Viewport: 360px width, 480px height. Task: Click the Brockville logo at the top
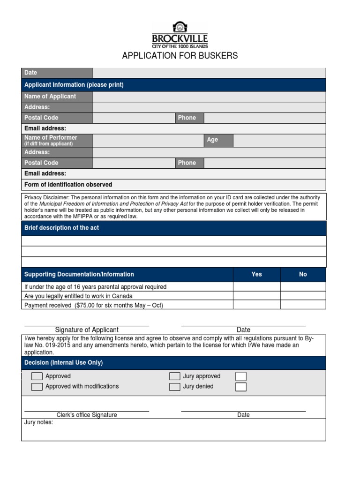[x=180, y=35]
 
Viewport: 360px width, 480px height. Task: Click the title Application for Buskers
[x=180, y=56]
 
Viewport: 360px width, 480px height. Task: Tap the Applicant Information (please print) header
[x=74, y=85]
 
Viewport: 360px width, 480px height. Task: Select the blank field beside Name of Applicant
[x=209, y=97]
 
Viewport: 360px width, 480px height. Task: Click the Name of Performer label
[x=51, y=138]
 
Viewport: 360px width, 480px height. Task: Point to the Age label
[x=212, y=140]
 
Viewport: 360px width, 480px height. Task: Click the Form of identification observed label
[x=68, y=185]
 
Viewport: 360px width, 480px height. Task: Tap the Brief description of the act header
[x=61, y=228]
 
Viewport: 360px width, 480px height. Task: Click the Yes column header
[x=256, y=274]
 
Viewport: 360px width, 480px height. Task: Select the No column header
[x=303, y=274]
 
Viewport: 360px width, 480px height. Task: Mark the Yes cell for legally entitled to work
[x=256, y=296]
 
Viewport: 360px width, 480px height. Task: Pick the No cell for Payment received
[x=303, y=305]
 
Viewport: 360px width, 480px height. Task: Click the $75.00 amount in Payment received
[x=87, y=305]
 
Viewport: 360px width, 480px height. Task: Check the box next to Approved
[x=37, y=376]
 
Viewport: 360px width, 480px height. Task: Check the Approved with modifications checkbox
[x=37, y=387]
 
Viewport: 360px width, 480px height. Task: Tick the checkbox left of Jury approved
[x=175, y=376]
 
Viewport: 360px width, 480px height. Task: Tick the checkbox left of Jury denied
[x=175, y=387]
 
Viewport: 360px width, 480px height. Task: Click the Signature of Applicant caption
[x=87, y=330]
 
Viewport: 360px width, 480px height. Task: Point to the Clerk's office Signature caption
[x=87, y=415]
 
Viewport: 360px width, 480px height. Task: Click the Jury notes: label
[x=39, y=422]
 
